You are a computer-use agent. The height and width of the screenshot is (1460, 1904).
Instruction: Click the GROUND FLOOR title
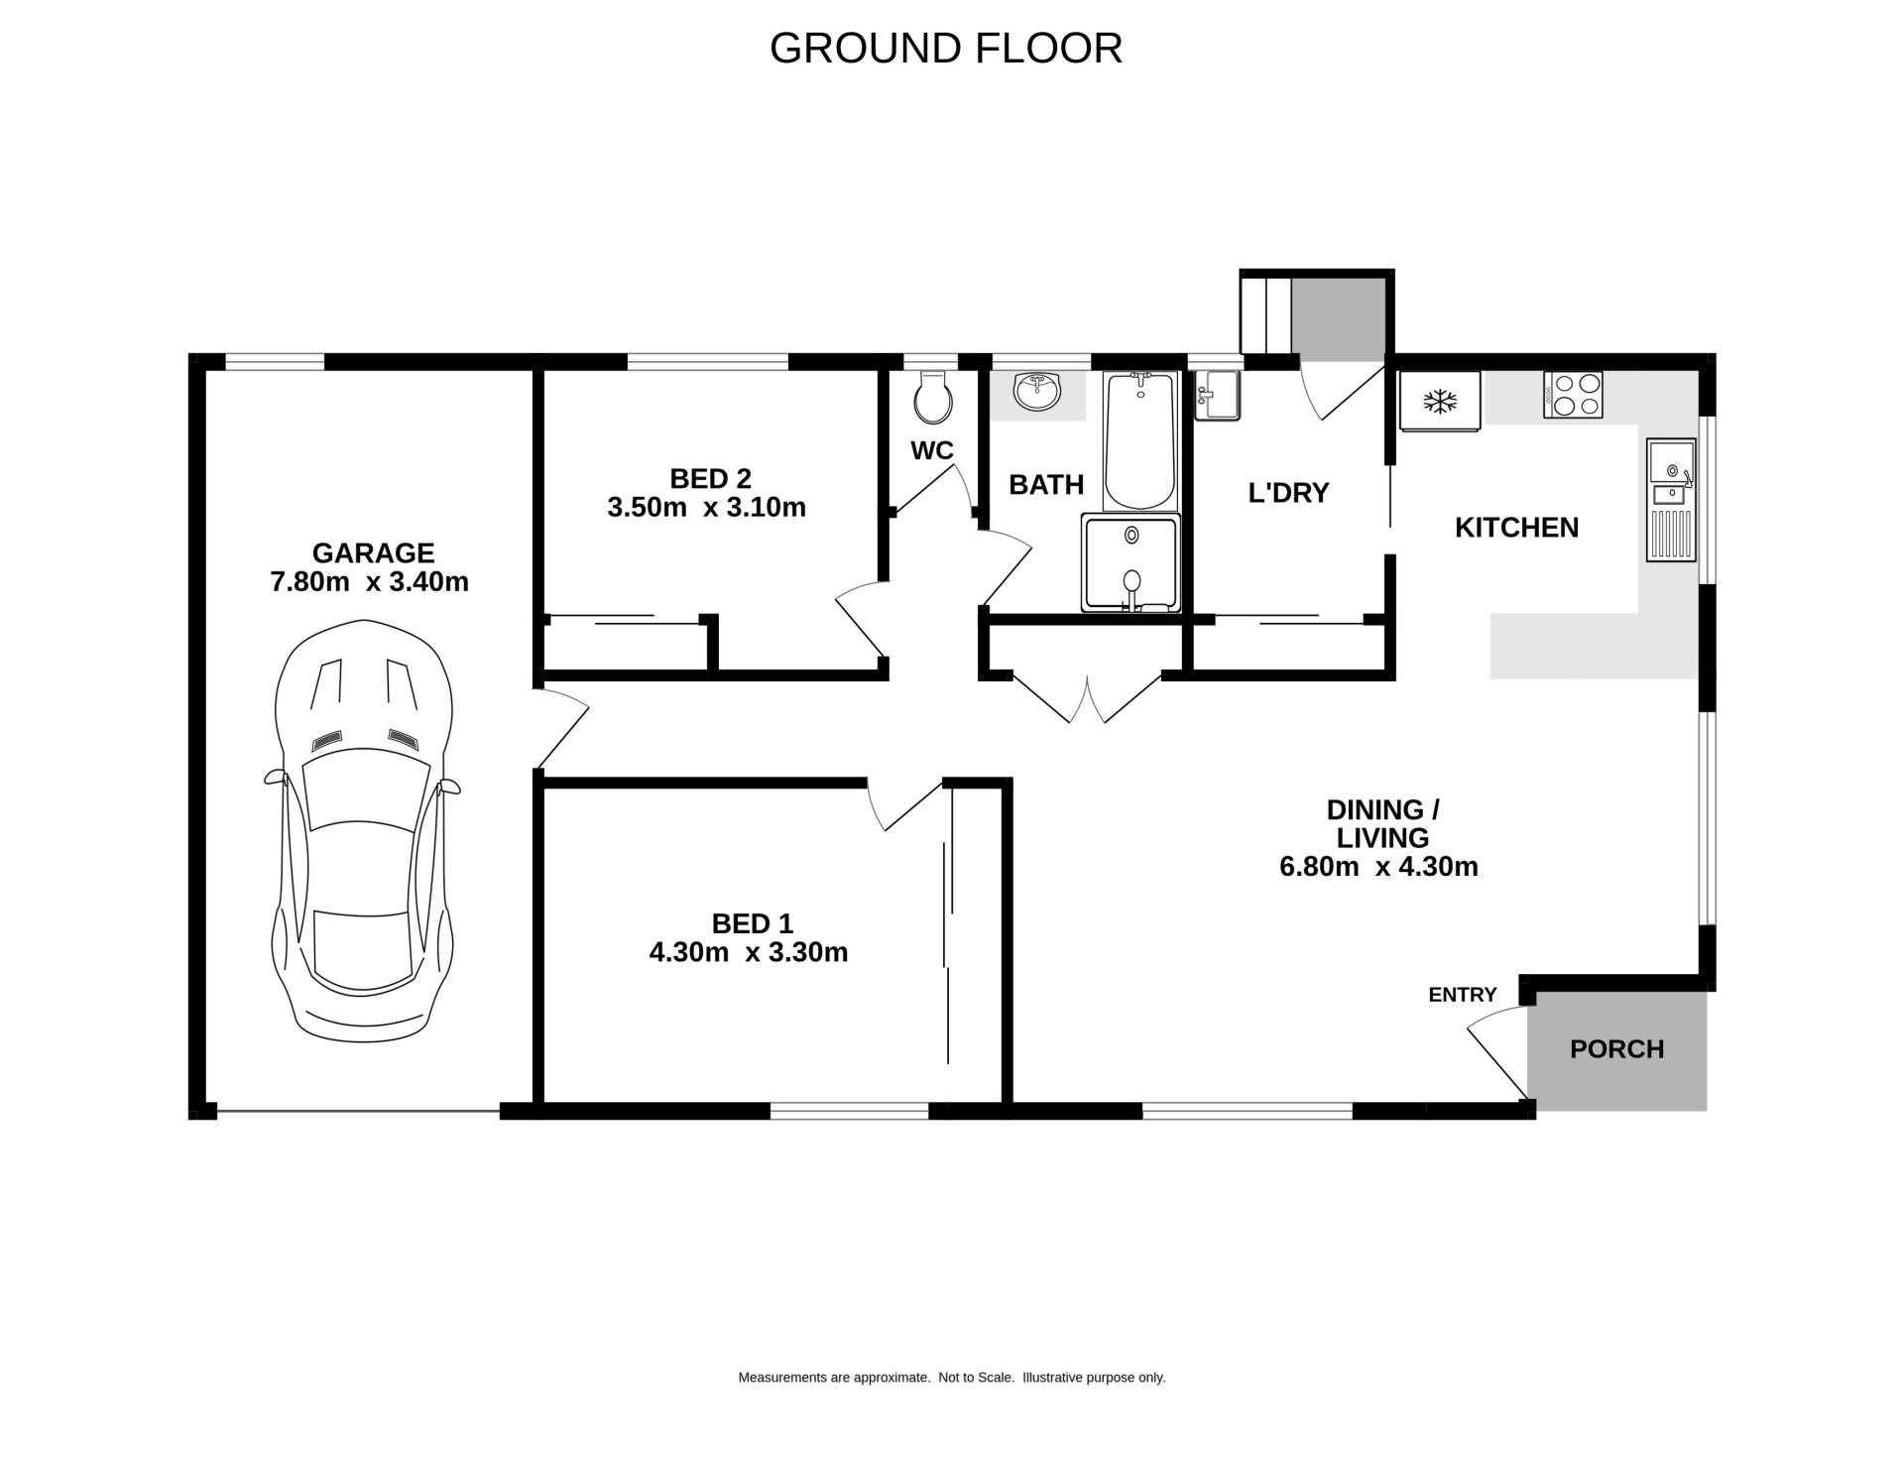pos(945,48)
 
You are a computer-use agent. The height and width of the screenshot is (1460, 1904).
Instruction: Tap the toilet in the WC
pos(933,397)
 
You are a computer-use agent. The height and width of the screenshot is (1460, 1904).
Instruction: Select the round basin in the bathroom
pos(1037,392)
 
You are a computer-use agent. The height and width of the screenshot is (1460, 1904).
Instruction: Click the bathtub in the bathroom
pos(1140,440)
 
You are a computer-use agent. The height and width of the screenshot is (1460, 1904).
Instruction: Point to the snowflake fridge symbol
pos(1439,402)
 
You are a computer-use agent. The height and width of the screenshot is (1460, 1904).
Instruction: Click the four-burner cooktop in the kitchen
pos(1573,394)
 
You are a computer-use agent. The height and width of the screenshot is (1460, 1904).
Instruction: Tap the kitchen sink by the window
pos(1672,500)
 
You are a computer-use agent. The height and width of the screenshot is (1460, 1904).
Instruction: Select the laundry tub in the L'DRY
pos(1217,396)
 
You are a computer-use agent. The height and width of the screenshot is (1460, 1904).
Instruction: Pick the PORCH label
pos(1616,1049)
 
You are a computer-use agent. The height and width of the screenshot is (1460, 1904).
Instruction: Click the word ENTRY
pos(1462,995)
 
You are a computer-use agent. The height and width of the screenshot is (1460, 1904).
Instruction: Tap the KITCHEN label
pos(1516,528)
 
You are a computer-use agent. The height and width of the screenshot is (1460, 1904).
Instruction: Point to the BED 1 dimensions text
pos(749,953)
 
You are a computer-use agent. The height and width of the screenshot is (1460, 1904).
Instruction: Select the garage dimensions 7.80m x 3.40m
pos(369,582)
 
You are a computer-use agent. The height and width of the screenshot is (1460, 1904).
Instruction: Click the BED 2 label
pos(710,479)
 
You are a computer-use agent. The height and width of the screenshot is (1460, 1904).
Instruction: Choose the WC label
pos(932,451)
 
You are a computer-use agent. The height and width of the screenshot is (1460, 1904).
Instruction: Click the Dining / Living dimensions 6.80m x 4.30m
pos(1378,867)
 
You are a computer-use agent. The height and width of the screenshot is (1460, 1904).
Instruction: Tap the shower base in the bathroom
pos(1131,561)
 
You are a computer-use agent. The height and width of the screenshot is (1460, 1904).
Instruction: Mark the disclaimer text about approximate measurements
pos(952,1378)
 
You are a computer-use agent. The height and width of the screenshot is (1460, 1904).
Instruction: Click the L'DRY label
pos(1288,493)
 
